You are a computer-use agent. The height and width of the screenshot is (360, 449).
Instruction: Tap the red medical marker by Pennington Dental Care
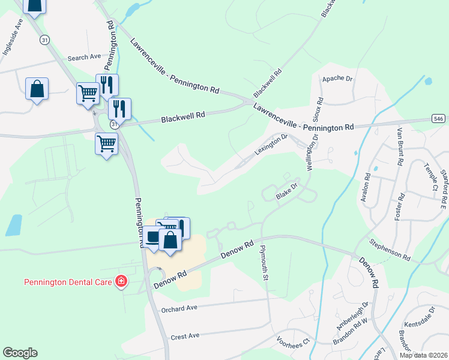[121, 281]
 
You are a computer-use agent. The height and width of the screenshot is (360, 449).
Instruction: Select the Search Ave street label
[84, 58]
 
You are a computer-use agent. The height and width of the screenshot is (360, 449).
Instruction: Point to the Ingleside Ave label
[12, 37]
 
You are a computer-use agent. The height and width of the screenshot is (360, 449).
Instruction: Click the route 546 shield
[438, 119]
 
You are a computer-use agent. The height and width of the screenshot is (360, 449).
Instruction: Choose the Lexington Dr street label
[271, 145]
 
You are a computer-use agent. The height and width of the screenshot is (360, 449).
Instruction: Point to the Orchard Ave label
[179, 308]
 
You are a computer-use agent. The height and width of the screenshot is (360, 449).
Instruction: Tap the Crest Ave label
[185, 336]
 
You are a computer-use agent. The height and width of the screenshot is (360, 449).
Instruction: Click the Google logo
[20, 352]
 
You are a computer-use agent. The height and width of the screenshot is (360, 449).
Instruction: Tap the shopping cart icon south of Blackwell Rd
[107, 144]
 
